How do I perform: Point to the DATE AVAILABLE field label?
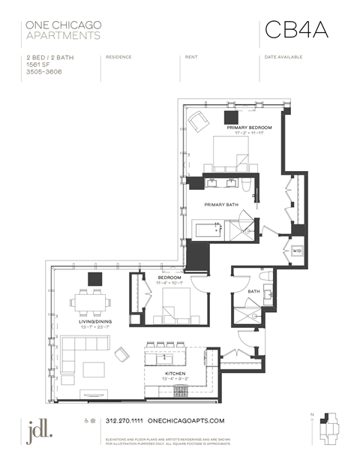click(282, 57)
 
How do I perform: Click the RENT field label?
click(191, 57)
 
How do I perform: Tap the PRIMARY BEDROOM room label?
click(250, 128)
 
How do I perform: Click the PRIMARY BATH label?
click(222, 203)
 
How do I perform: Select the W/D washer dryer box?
click(297, 251)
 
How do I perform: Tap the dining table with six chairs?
click(91, 304)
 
